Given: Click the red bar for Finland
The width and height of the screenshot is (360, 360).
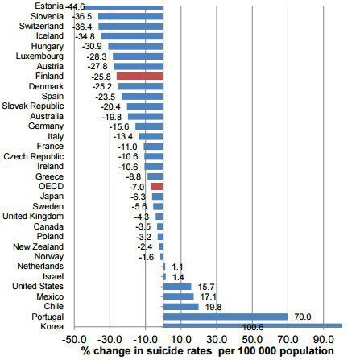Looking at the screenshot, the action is pos(140,77).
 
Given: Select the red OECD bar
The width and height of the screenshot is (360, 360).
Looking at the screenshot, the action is pos(157,187).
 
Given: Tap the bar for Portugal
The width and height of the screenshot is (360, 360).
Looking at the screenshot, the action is pos(226,317).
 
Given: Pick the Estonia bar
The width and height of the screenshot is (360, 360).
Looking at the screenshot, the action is pos(123,6).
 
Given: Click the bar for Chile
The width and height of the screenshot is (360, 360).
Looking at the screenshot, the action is pos(181,307).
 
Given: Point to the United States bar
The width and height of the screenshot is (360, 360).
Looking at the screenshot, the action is pos(177,287).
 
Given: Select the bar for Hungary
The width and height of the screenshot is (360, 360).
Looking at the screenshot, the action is pos(135,47).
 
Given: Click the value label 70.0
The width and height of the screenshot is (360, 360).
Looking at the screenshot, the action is pos(303,317).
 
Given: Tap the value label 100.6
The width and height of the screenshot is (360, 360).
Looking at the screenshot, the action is pos(253,327).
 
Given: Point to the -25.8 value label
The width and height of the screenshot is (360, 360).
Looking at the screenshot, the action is pos(101,77).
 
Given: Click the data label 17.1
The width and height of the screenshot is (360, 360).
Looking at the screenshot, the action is pos(209,296).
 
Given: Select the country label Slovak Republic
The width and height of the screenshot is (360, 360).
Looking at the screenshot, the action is pos(33,106).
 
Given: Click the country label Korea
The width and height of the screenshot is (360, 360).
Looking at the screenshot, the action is pos(52,326).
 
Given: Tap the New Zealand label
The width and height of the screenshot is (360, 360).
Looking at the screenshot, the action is pos(39,246).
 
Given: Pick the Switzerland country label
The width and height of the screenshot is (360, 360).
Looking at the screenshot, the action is pos(41,26).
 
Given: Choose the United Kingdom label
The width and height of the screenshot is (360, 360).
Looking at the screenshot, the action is pos(33,216).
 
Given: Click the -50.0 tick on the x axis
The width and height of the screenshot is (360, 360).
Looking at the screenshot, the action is pos(74,339).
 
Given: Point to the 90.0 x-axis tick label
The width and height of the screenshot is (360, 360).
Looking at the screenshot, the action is pos(324,339).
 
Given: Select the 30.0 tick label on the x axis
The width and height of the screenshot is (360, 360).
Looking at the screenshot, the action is pos(217,339).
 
